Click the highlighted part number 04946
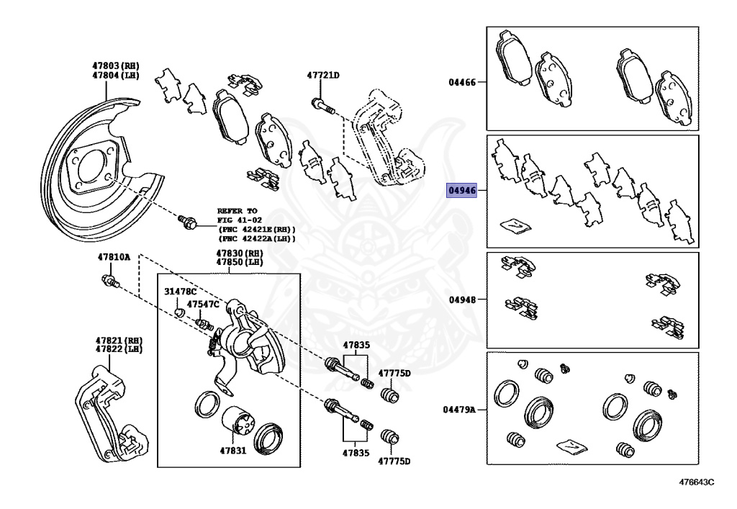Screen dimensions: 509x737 pos(462,191)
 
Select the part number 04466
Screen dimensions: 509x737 pos(462,83)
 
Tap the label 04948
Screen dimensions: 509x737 pos(462,299)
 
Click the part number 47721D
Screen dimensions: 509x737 pos(323,76)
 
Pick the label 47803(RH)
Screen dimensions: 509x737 pos(115,66)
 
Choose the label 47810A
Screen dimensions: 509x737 pos(114,257)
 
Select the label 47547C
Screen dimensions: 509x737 pos(203,305)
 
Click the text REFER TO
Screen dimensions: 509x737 pos(238,210)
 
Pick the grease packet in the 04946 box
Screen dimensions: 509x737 pos(516,225)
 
